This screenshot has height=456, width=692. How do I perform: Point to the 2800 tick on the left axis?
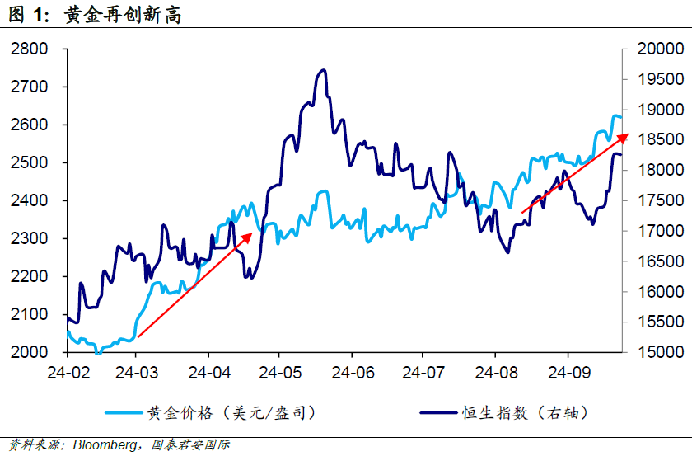pos(30,49)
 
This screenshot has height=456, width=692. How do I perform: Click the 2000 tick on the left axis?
pos(30,352)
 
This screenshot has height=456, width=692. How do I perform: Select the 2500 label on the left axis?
pos(30,163)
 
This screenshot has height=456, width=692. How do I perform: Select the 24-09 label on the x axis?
pos(564,372)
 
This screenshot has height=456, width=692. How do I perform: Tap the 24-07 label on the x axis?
pos(422,372)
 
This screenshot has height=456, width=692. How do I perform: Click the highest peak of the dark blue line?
pos(323,70)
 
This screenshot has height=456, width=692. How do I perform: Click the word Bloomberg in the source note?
pos(105,445)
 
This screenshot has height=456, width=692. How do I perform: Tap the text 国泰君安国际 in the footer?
pos(191,445)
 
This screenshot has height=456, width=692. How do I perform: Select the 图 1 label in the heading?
pos(26,15)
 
